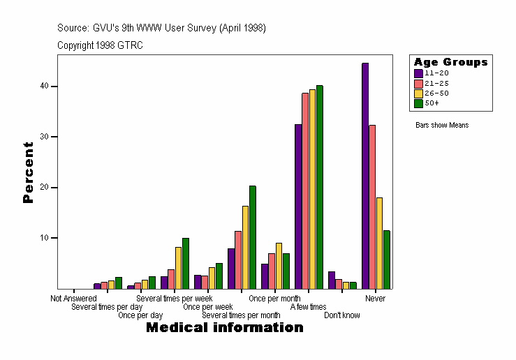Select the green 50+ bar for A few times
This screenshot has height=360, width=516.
[x=320, y=187]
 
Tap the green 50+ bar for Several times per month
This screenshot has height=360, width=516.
[x=253, y=237]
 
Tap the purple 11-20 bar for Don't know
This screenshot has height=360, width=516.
[x=332, y=280]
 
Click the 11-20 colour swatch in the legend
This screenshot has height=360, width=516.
[x=418, y=73]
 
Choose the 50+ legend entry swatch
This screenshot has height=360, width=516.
[x=418, y=103]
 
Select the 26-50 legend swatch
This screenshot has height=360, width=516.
[x=418, y=93]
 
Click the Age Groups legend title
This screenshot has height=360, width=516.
[x=450, y=62]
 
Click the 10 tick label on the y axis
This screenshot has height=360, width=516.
[x=45, y=238]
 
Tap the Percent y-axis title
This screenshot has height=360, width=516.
[x=28, y=172]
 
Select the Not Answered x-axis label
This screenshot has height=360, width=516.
[x=73, y=299]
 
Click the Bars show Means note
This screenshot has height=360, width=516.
[x=442, y=126]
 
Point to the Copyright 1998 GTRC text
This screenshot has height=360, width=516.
[x=100, y=45]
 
